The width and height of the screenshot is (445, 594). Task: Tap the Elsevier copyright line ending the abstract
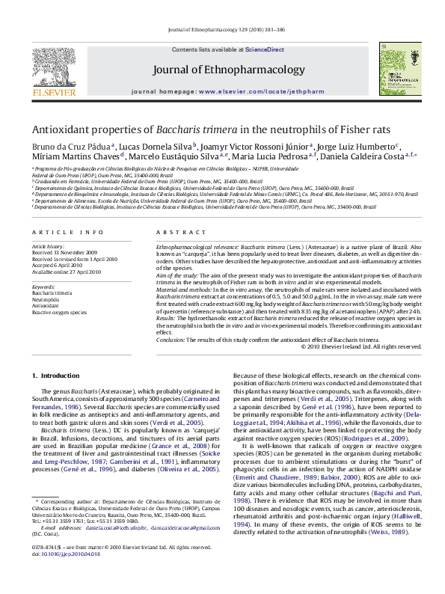(361, 346)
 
